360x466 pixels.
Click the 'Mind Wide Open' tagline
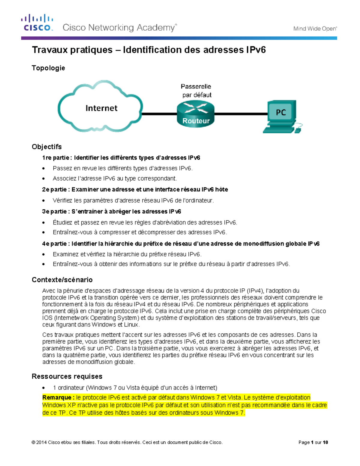tap(315, 29)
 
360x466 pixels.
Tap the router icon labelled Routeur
tap(196, 114)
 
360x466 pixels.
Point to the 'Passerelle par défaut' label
tap(196, 91)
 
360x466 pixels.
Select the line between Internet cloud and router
tap(159, 114)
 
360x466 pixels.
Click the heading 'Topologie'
tap(48, 68)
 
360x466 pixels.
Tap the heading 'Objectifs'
tap(47, 147)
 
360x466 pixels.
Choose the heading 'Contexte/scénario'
tap(62, 280)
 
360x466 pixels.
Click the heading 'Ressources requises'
tap(67, 376)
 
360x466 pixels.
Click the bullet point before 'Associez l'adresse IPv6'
tap(44, 179)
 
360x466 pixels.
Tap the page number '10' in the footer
tap(325, 442)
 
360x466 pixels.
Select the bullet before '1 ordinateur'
tap(44, 388)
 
